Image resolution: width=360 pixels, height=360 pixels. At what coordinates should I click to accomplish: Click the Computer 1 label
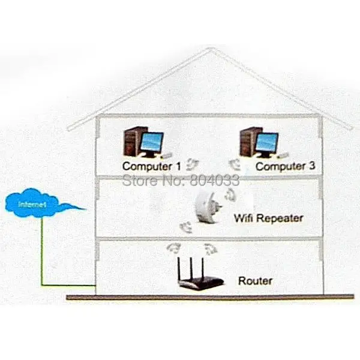point(151,166)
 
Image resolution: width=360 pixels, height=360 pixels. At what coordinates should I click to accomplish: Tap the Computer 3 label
point(285,166)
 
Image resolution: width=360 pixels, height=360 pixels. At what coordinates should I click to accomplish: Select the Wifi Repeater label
point(268,218)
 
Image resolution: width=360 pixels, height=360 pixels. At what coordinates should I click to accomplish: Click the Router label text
point(255,280)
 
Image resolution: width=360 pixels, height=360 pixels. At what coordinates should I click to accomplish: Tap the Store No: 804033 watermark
point(181,179)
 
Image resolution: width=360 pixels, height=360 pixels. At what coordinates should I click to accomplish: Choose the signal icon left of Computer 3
point(235,163)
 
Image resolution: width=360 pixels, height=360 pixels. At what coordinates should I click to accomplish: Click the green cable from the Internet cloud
point(42,252)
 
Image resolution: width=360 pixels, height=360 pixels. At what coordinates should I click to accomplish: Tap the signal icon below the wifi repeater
point(185,226)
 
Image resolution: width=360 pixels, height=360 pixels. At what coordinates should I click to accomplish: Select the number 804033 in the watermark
point(214,179)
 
